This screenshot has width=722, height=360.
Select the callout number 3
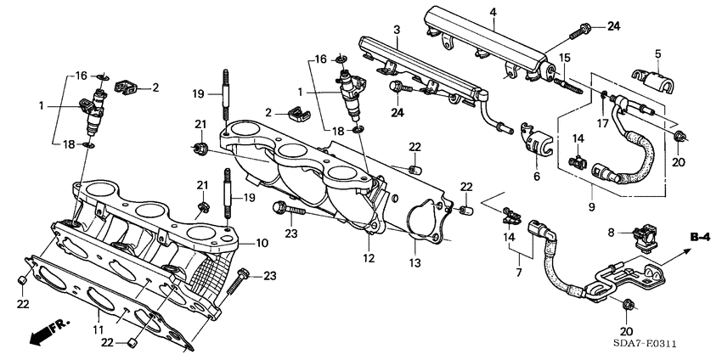pyautogui.click(x=396, y=31)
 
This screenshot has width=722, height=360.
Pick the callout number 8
pyautogui.click(x=610, y=231)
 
